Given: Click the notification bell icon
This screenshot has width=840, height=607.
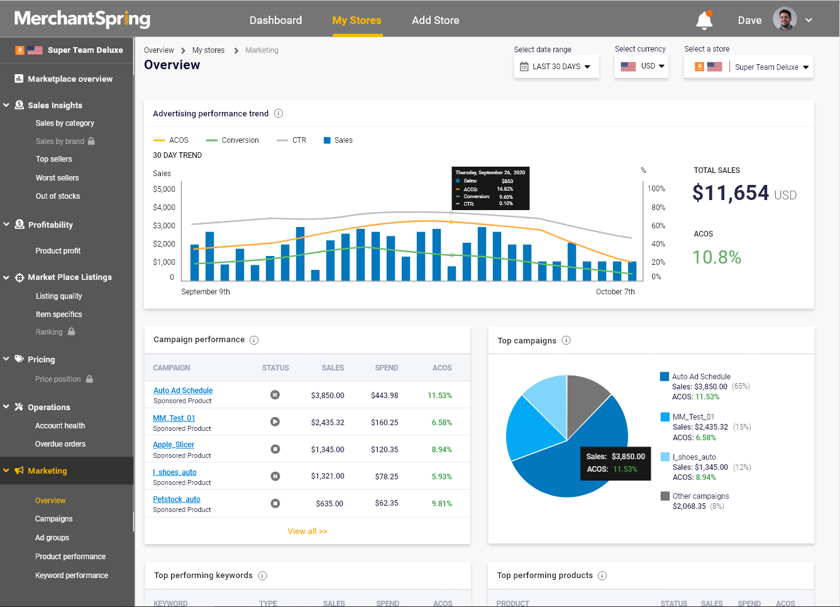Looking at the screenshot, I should tap(704, 21).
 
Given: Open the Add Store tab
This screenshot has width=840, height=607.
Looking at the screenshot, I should tap(435, 20).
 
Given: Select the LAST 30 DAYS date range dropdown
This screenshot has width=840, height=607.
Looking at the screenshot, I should tap(556, 67).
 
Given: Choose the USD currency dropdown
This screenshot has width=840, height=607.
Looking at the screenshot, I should tap(641, 66).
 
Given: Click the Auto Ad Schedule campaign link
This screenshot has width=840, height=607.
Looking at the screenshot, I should tap(183, 391).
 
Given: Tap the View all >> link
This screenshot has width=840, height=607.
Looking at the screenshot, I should tap(307, 532).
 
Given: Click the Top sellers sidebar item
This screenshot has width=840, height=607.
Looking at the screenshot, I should tap(54, 159).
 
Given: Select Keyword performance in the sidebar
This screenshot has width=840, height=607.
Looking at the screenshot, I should tap(72, 576).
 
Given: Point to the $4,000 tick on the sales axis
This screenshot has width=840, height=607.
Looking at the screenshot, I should tap(164, 208).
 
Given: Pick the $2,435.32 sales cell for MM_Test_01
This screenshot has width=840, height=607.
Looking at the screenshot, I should tap(328, 423).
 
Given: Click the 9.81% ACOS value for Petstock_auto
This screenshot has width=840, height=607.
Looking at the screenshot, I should tap(441, 504).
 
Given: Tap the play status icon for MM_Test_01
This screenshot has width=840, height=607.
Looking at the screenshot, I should tap(275, 422).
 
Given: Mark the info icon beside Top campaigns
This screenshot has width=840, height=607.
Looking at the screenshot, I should tap(566, 340).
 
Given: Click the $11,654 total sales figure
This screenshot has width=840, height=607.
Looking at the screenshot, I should tap(731, 193).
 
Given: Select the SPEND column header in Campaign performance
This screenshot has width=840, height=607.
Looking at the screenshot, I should tap(386, 368).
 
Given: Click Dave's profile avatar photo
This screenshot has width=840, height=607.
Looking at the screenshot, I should tap(785, 19).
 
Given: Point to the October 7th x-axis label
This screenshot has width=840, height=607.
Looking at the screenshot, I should tap(615, 292).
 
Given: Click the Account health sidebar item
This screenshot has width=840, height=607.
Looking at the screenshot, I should tap(60, 426).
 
